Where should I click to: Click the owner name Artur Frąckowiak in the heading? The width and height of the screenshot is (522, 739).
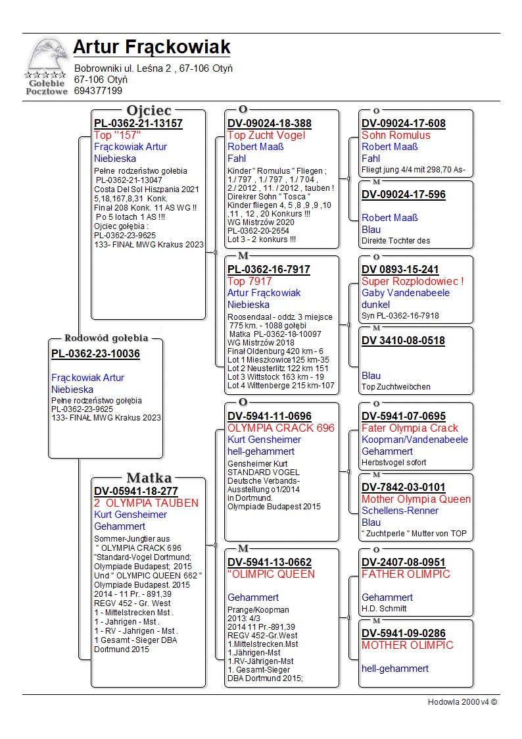[152, 47]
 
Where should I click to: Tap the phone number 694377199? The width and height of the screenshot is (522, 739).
[98, 91]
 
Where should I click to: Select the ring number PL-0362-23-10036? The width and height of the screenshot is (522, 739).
[95, 354]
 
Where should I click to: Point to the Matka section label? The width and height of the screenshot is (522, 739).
[149, 478]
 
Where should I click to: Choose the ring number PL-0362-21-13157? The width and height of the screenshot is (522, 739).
[138, 123]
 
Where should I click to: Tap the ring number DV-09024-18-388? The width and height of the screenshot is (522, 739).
[270, 123]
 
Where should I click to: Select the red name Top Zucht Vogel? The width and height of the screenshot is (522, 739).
[266, 135]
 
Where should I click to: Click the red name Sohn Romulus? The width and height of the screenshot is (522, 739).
[396, 135]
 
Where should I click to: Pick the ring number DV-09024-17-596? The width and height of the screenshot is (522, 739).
[404, 194]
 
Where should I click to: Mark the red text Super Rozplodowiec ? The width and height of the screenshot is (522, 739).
[413, 281]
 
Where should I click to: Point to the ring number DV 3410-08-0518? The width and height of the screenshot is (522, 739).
[403, 341]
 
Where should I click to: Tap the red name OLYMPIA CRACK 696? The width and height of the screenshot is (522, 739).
[281, 428]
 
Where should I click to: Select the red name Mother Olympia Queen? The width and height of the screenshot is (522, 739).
[416, 499]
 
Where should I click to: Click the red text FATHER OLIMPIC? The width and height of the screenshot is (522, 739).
[406, 574]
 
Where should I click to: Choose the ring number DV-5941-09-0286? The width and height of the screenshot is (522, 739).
[404, 633]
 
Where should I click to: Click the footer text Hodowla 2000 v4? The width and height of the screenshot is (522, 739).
[462, 702]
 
